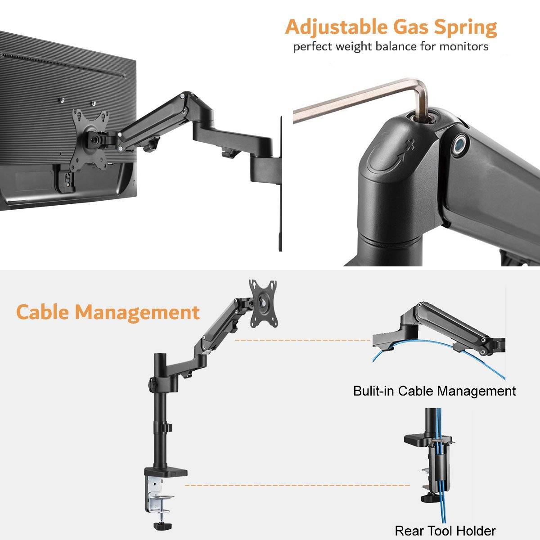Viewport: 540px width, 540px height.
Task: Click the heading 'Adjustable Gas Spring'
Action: coord(391,27)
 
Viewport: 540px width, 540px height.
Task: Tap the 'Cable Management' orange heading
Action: coord(108,312)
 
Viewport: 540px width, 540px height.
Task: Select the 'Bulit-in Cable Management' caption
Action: coord(434,391)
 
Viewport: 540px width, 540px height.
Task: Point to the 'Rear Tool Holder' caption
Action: coord(445,531)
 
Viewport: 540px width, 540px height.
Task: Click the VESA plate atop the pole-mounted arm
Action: coord(263,302)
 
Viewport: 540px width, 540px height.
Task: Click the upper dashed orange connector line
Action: coord(301,340)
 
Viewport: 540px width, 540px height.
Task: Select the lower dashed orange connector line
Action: coord(297,485)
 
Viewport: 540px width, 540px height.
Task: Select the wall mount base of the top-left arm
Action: coord(265,166)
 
